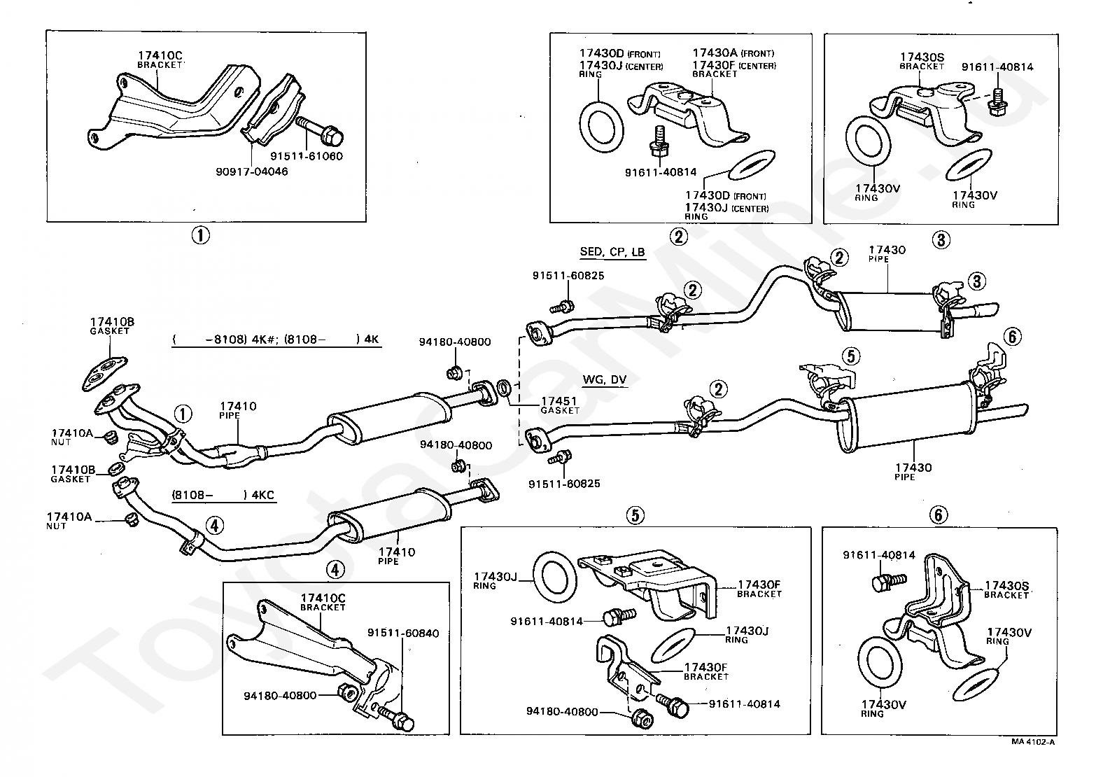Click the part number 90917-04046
252,171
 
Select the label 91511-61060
307,156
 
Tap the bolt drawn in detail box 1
319,130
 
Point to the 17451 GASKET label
560,405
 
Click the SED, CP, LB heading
612,251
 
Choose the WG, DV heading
604,379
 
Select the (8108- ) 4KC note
223,495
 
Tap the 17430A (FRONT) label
733,53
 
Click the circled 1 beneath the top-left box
200,235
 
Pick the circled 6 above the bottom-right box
938,515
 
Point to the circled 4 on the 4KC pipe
214,526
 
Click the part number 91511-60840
403,633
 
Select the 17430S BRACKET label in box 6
1006,590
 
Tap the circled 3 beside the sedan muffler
977,281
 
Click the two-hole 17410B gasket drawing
104,374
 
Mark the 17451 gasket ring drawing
504,388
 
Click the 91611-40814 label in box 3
997,67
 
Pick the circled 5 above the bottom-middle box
635,515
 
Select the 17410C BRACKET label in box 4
323,602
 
